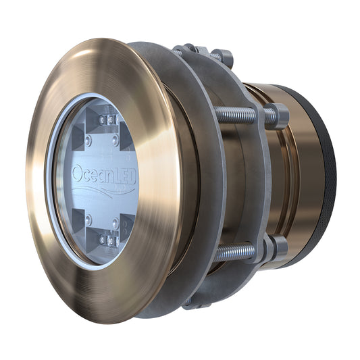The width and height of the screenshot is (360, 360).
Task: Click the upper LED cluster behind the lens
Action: [x=109, y=122]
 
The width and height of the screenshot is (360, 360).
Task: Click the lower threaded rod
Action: [x=236, y=253]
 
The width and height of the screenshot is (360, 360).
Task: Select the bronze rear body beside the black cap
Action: [x=297, y=176]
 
